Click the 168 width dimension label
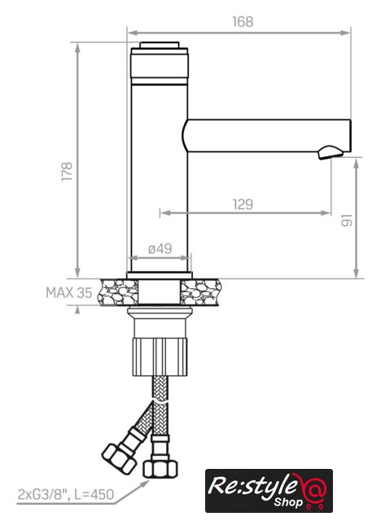243,22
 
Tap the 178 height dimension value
67,172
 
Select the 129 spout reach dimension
243,204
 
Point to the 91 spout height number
347,221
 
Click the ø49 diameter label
160,248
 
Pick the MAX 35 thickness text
68,293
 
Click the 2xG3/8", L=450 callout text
65,494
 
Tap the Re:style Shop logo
269,490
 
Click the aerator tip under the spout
331,152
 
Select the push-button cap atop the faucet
160,46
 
